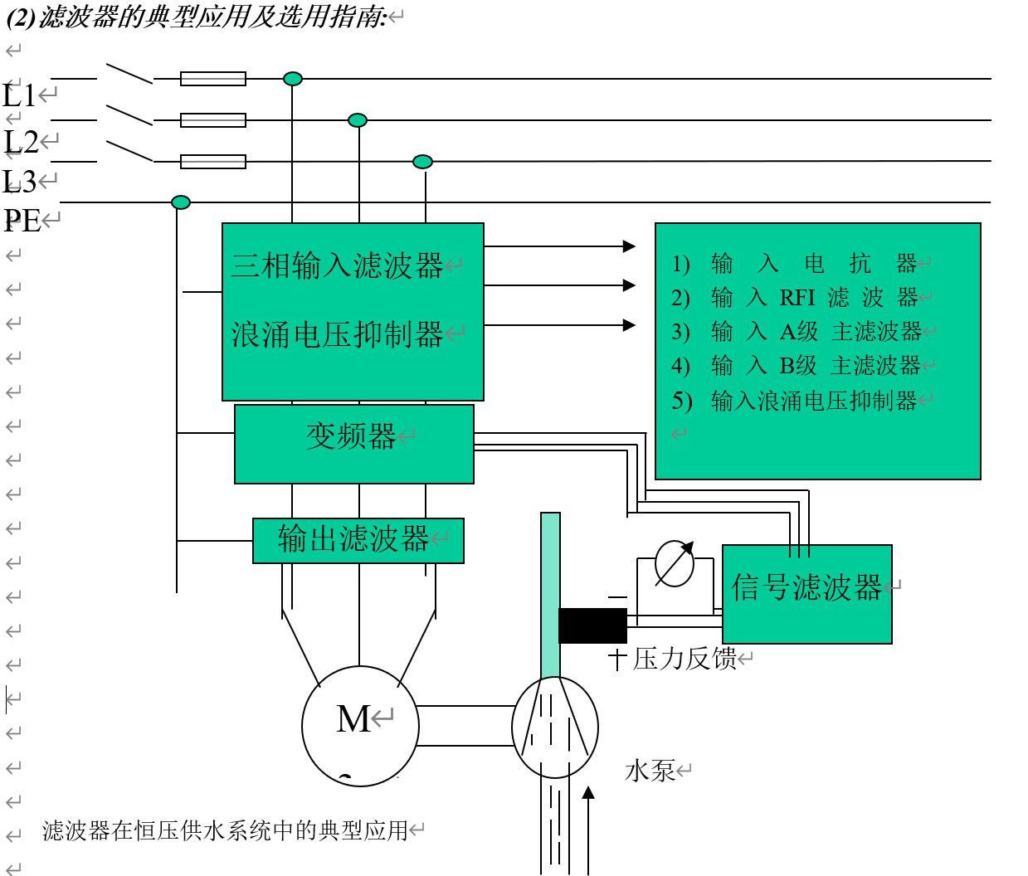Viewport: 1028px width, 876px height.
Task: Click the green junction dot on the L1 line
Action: [293, 79]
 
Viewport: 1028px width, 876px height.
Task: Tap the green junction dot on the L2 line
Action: [358, 120]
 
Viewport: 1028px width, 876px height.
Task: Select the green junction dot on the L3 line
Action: [422, 162]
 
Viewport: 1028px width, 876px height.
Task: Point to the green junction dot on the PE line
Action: [181, 202]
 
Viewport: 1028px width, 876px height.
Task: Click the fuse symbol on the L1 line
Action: [213, 79]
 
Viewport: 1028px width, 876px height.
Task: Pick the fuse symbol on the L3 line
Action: [213, 162]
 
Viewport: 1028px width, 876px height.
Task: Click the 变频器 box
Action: [354, 444]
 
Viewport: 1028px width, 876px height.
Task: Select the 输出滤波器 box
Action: [358, 541]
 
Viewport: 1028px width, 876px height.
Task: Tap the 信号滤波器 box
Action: [806, 594]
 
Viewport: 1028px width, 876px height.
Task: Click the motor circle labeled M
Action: [360, 726]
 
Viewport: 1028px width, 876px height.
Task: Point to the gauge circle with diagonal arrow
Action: [674, 563]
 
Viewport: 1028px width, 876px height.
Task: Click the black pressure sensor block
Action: [592, 625]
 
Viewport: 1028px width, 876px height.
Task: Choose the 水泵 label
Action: [650, 771]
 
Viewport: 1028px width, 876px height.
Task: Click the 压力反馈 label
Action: [685, 659]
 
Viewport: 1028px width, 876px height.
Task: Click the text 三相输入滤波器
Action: [338, 266]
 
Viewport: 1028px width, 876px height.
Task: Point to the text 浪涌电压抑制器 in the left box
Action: [338, 335]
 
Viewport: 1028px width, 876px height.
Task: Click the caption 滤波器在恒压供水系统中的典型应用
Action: [226, 830]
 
